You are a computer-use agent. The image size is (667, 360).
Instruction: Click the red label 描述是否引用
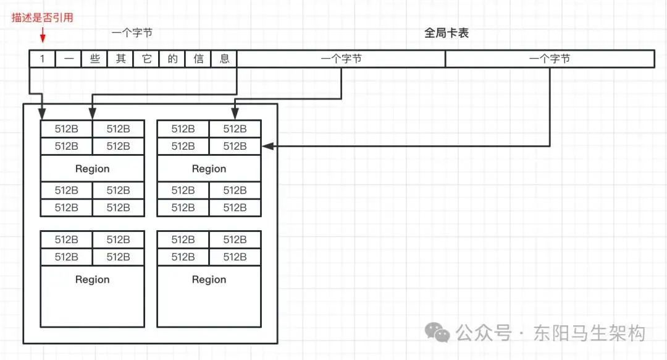[43, 17]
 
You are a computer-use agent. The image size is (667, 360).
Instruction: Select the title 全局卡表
[447, 33]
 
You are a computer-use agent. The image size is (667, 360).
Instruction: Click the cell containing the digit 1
[43, 59]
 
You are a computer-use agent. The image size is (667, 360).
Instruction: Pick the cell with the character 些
[94, 59]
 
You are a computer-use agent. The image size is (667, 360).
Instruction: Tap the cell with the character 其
[120, 59]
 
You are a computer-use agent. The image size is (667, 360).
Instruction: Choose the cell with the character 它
[146, 59]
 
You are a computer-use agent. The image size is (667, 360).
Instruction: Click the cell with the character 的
[172, 59]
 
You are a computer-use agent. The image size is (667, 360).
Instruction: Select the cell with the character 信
[198, 59]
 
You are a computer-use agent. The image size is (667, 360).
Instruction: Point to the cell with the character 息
[224, 59]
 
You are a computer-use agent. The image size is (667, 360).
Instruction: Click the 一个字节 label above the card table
[132, 33]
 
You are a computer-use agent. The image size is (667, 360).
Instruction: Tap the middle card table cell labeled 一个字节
[342, 59]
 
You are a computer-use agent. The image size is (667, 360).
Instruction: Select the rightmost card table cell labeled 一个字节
[550, 59]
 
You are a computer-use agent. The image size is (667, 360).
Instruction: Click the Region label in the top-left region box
[93, 169]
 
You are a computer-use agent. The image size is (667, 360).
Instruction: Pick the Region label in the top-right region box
[209, 169]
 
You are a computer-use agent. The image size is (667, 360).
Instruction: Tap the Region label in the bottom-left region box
[93, 280]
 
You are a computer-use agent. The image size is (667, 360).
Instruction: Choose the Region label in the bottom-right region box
[209, 280]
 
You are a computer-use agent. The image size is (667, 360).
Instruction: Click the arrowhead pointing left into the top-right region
[266, 147]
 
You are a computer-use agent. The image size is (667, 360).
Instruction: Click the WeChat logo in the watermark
[440, 333]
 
